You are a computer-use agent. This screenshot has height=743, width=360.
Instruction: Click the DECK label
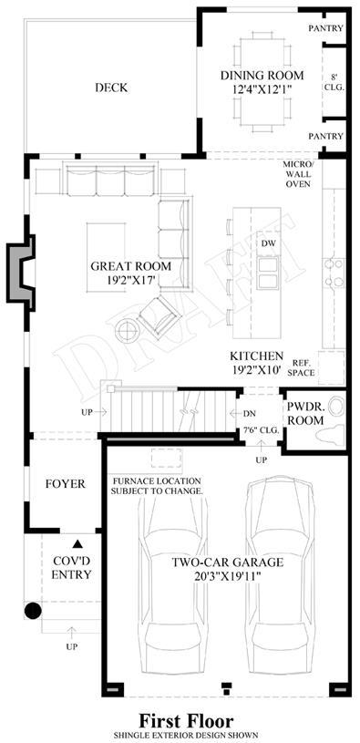111,88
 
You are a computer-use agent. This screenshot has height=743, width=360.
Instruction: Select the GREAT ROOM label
131,266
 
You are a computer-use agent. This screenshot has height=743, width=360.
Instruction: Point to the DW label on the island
268,243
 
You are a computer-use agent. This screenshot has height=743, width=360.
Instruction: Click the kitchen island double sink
268,273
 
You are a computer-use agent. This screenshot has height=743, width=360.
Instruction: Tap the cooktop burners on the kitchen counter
334,273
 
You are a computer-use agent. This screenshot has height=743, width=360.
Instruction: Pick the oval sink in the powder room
336,407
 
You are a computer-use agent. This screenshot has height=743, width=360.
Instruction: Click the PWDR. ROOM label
306,413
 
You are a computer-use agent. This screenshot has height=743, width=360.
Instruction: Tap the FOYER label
66,484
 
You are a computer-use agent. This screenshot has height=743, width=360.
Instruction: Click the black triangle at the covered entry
77,544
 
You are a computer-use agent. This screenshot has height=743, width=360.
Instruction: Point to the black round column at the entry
33,610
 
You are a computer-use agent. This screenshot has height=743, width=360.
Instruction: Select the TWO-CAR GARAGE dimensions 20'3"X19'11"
227,576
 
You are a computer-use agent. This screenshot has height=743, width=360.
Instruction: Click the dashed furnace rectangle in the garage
166,459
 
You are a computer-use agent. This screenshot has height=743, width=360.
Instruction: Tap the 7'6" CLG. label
261,431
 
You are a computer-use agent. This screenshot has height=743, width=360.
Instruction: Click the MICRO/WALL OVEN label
298,174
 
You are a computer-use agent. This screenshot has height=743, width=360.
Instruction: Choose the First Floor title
186,721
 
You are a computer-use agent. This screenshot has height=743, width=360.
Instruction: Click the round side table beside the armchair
127,330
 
